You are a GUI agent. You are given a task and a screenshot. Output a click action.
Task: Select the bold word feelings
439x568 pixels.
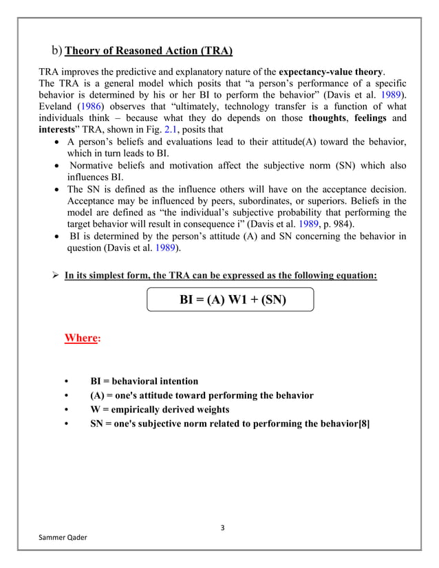point(372,118)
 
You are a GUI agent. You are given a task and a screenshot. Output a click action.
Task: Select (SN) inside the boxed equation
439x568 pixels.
point(271,300)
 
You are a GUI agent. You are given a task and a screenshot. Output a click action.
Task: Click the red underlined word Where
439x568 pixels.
point(80,338)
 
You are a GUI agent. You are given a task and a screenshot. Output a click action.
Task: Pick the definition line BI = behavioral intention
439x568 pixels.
point(144,381)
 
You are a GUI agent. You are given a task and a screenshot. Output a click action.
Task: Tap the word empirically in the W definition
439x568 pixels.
point(143,410)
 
